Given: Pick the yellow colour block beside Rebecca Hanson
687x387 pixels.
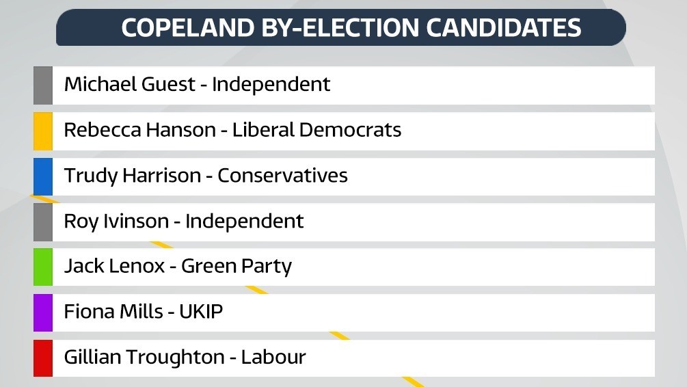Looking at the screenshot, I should click(x=43, y=131).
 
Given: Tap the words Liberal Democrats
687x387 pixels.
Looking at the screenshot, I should click(x=316, y=130).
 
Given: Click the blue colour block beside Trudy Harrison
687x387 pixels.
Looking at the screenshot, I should click(x=43, y=176).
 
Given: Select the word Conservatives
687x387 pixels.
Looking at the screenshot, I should click(x=282, y=176).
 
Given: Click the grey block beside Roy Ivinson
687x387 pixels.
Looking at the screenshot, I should click(x=43, y=222).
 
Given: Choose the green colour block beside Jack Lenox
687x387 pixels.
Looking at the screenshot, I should click(x=43, y=267).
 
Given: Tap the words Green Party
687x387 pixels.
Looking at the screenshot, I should click(x=236, y=267).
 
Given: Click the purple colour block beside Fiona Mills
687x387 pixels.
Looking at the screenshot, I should click(x=43, y=312).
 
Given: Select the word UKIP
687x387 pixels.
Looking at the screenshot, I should click(x=201, y=312).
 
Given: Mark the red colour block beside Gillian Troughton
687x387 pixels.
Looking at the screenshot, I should click(x=43, y=358).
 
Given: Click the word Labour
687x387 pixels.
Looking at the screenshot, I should click(x=273, y=358).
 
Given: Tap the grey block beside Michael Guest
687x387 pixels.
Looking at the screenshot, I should click(x=43, y=85).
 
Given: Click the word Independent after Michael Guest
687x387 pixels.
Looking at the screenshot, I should click(x=271, y=85).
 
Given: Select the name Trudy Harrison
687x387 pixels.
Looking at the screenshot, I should click(x=132, y=176).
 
